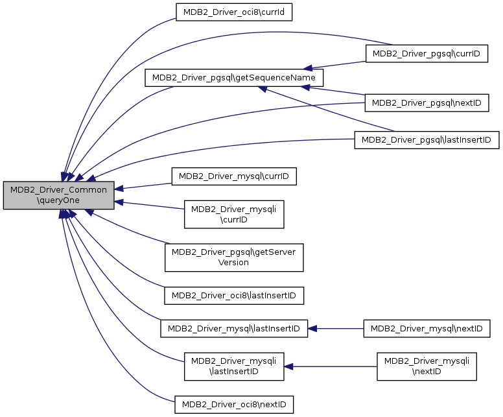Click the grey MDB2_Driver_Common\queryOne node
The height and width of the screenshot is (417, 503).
pos(59,195)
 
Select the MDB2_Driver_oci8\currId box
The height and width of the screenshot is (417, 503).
pos(234,12)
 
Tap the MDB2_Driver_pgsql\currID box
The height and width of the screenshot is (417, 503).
pos(427,54)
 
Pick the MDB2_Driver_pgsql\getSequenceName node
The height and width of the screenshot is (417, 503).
pos(234,78)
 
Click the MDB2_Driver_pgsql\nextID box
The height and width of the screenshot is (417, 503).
pos(427,102)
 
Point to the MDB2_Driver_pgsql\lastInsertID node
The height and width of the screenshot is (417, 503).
pos(427,140)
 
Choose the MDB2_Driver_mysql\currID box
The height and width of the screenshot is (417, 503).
pos(234,176)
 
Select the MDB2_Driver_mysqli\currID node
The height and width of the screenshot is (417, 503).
pos(234,215)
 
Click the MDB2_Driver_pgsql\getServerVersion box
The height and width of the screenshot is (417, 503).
pos(234,257)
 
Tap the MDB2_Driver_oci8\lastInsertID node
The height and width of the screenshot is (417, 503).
pos(234,296)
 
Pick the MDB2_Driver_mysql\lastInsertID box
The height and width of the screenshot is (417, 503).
pos(234,328)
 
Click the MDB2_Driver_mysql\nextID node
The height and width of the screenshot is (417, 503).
pos(427,328)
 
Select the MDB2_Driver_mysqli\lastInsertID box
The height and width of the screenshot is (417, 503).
pos(234,366)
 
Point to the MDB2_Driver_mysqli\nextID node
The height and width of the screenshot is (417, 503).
pos(427,366)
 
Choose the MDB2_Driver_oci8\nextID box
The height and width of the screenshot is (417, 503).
pos(234,405)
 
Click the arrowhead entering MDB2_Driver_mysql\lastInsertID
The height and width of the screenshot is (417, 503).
pos(312,328)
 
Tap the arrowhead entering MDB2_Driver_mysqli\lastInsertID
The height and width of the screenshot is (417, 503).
pos(288,366)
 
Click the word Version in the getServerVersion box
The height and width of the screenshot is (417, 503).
pos(233,263)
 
